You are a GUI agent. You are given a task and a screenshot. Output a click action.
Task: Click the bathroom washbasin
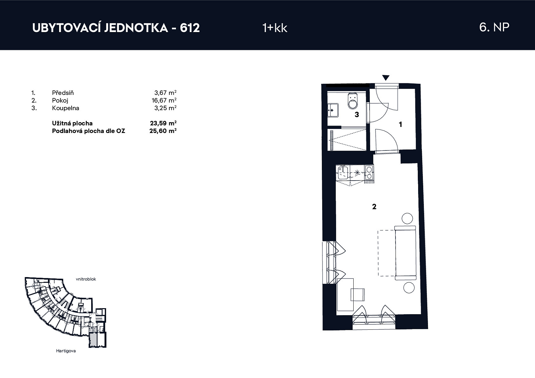(333, 110)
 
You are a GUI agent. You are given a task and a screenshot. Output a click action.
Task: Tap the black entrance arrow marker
(386, 78)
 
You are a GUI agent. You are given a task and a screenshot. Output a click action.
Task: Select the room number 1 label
(401, 124)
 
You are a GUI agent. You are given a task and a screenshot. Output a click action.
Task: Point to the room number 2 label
(374, 207)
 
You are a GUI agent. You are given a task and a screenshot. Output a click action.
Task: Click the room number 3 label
(357, 115)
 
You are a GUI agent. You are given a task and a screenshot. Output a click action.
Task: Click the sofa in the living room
(406, 253)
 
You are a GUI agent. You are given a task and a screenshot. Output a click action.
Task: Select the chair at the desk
(358, 295)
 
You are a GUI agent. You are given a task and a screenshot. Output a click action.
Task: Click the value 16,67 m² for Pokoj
(164, 100)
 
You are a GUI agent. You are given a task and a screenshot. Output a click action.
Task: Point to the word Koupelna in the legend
(66, 108)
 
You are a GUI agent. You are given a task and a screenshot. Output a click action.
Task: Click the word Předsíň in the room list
(63, 92)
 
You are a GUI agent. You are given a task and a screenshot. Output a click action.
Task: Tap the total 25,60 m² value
(163, 131)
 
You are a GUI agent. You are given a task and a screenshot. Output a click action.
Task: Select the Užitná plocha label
(72, 123)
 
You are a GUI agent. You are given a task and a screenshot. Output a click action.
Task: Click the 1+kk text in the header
(275, 28)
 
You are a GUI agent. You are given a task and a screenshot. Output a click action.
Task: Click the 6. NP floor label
(494, 27)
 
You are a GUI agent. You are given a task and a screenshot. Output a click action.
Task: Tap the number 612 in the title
(190, 28)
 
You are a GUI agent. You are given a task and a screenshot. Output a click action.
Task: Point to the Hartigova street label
(66, 351)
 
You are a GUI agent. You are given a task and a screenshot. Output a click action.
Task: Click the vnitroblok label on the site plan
(86, 279)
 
